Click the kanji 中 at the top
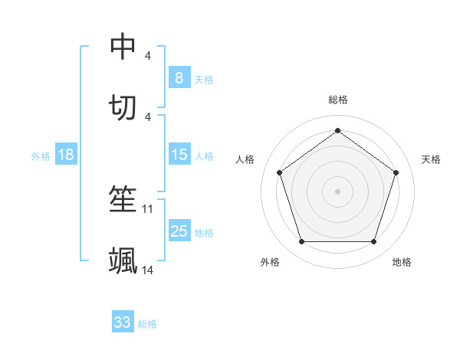123,47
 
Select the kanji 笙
123,199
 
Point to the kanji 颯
123,260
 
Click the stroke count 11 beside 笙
148,208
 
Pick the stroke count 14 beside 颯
148,270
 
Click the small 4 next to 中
148,56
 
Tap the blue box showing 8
179,77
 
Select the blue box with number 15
179,155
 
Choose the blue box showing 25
179,231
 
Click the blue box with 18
66,155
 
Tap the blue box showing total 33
123,322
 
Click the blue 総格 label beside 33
147,324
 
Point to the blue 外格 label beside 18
41,156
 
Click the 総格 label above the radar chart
338,100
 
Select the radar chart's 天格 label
432,159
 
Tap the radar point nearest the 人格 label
280,172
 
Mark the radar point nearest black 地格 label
373,242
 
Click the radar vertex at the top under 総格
338,130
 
